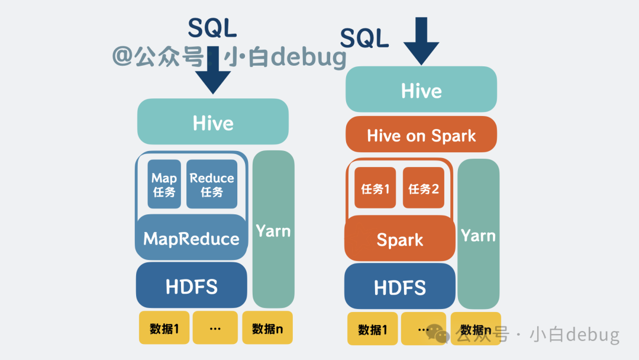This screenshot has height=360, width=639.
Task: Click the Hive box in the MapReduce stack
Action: point(213,121)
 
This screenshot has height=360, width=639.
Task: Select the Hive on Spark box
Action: point(421,134)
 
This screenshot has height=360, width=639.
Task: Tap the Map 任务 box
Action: point(164,184)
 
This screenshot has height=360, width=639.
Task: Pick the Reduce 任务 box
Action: point(211,184)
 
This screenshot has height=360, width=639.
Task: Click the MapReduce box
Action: point(191,237)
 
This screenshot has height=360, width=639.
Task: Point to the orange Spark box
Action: point(400,239)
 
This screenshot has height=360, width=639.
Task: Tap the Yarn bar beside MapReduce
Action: point(273,229)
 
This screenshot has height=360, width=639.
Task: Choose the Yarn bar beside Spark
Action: point(479,234)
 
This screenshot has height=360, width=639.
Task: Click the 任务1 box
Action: point(375,188)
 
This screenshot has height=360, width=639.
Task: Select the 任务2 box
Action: point(424,188)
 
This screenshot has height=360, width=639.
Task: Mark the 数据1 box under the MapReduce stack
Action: point(164,328)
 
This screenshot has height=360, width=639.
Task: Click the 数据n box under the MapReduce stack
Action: point(267,328)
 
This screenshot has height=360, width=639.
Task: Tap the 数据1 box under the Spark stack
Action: point(373,329)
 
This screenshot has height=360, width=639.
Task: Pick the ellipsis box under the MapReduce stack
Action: point(215,328)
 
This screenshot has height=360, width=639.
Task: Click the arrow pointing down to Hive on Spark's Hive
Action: point(421,41)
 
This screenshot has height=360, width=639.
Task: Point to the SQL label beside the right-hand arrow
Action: point(364,38)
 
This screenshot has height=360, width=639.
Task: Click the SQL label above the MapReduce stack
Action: point(212,28)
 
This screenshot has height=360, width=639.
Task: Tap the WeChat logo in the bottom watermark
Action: point(438,334)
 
